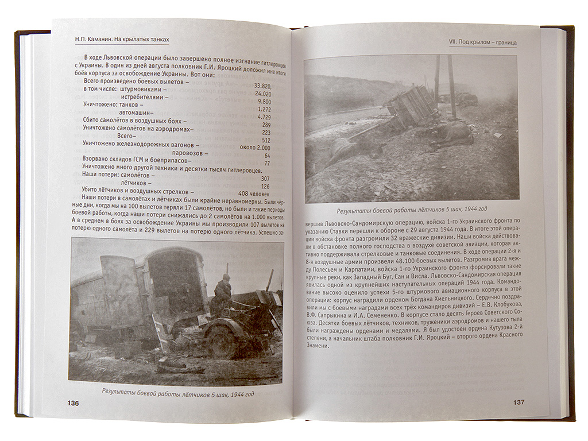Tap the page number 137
tap(519, 402)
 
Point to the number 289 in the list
tap(265, 125)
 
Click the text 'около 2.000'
tap(255, 148)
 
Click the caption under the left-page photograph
tap(177, 393)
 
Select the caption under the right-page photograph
tap(411, 209)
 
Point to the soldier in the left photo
tap(222, 295)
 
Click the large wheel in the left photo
tap(220, 341)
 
